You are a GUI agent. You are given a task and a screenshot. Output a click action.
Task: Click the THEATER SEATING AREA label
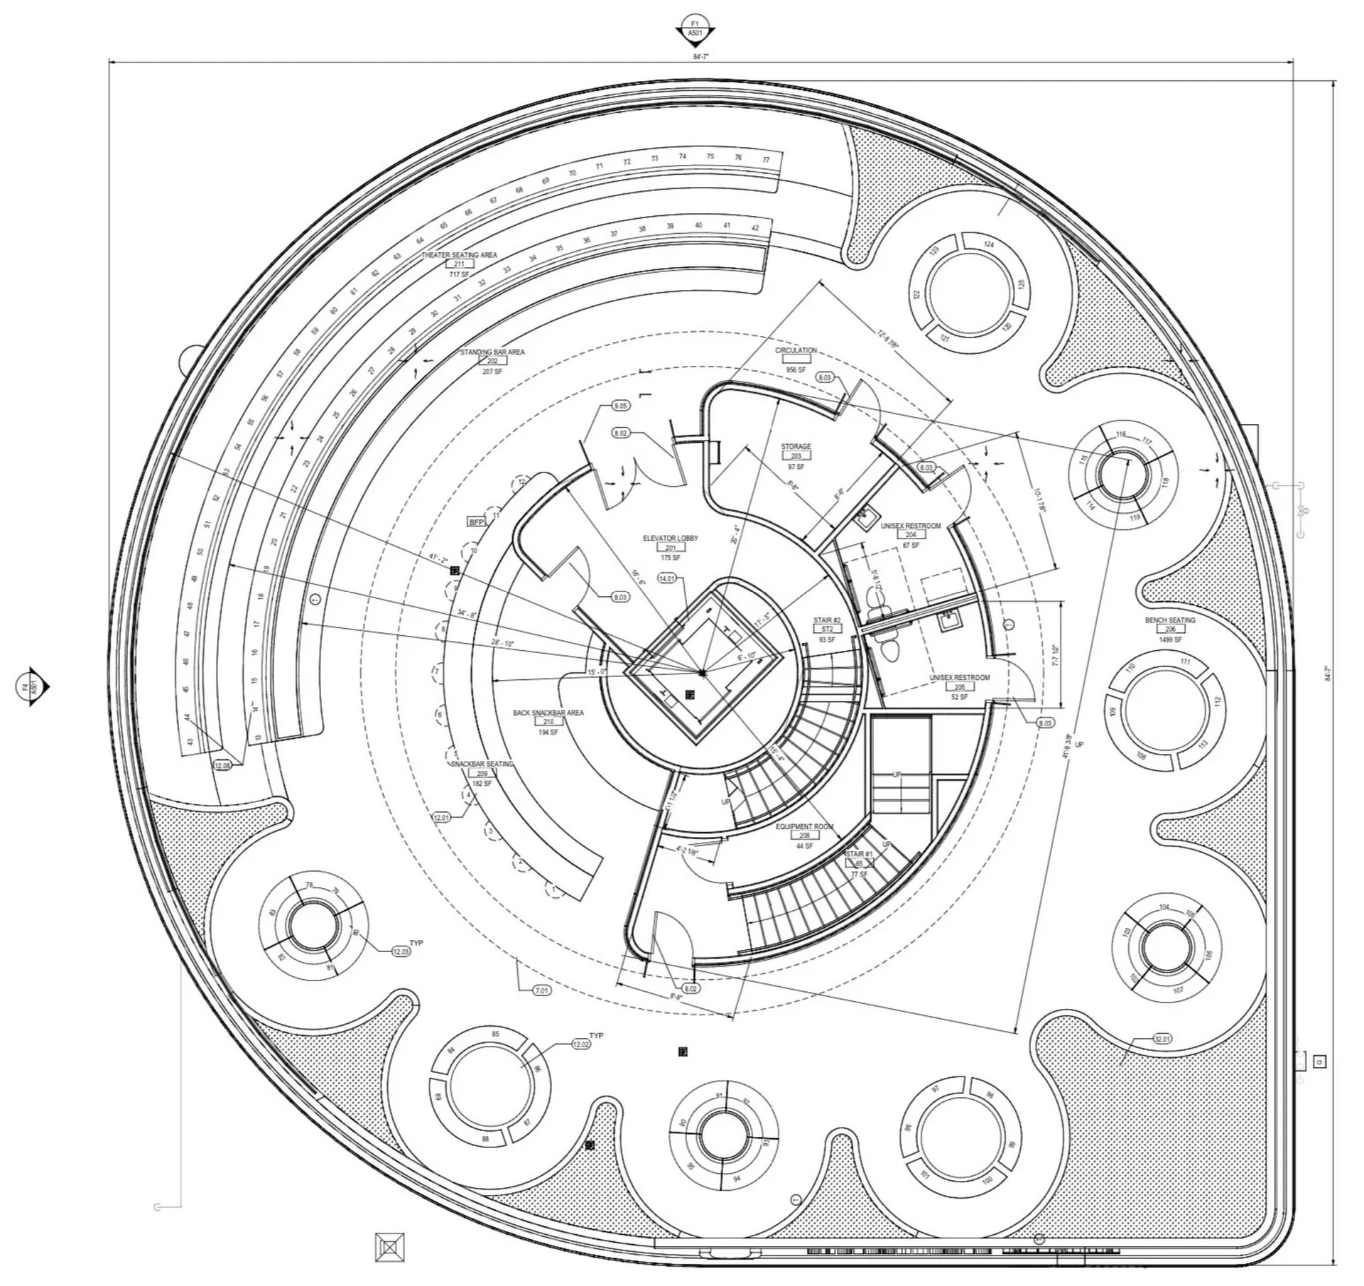[459, 254]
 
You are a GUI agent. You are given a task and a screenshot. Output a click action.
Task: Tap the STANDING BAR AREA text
[492, 352]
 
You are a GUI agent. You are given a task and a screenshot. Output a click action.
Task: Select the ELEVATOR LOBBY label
[670, 539]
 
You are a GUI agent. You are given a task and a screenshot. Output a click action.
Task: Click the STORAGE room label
[796, 447]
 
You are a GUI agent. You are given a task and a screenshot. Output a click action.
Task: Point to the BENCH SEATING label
[1170, 620]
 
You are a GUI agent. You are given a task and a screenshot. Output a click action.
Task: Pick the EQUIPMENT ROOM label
[804, 826]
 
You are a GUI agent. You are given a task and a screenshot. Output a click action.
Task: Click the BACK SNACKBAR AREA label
[548, 713]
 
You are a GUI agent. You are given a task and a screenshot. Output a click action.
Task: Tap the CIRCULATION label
[796, 350]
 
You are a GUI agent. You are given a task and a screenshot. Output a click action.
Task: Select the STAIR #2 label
[827, 620]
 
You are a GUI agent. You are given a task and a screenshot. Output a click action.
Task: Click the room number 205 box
[959, 687]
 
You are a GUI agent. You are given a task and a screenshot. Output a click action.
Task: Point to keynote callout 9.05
[620, 406]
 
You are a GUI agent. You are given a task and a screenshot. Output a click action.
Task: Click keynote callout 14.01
[667, 578]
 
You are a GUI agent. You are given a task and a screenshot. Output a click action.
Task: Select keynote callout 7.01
[541, 990]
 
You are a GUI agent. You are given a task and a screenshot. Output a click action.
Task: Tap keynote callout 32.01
[1162, 1039]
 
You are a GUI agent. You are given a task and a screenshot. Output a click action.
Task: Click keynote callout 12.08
[222, 765]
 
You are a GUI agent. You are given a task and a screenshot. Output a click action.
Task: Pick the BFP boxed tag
[476, 522]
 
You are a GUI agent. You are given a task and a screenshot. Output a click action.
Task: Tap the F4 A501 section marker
[32, 687]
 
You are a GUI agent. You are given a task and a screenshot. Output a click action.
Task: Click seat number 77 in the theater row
[766, 160]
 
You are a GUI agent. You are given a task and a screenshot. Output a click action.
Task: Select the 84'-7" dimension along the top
[700, 56]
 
